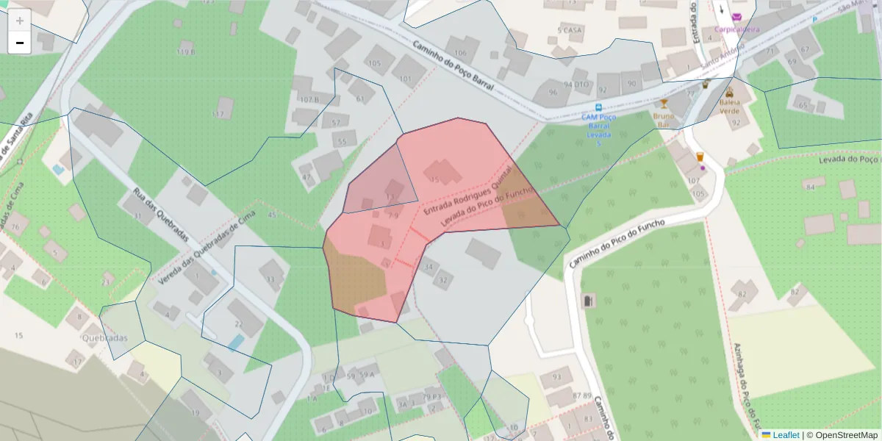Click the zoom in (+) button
click(x=20, y=21)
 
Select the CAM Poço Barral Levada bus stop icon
click(x=599, y=107)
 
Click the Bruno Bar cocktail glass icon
click(x=664, y=104)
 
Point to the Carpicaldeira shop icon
click(x=736, y=18)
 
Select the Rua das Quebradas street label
click(x=161, y=215)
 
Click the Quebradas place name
click(x=105, y=338)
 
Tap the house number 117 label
click(x=218, y=114)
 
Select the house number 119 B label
click(x=186, y=51)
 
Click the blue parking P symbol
click(x=814, y=20)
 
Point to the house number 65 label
click(x=803, y=107)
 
